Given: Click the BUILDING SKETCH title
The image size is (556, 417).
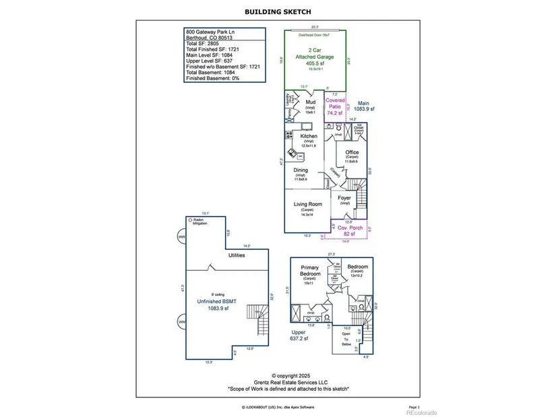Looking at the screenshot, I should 278,11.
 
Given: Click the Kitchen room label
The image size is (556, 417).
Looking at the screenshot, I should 299,136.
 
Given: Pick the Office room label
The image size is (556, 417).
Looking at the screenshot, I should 352,152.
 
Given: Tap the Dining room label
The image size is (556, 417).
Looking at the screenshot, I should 301,170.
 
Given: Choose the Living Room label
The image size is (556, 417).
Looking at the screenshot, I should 307,204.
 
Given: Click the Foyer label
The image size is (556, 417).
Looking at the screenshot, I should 344,198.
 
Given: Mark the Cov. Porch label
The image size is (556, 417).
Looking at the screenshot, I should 350,228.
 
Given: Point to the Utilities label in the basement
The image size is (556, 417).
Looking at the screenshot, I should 237,255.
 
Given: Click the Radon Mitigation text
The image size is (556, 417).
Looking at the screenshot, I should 200,222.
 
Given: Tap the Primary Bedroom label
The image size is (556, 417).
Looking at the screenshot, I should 310,271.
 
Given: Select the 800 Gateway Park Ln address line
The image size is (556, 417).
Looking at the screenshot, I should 212,31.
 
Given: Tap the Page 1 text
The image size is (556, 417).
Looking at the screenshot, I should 414,407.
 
